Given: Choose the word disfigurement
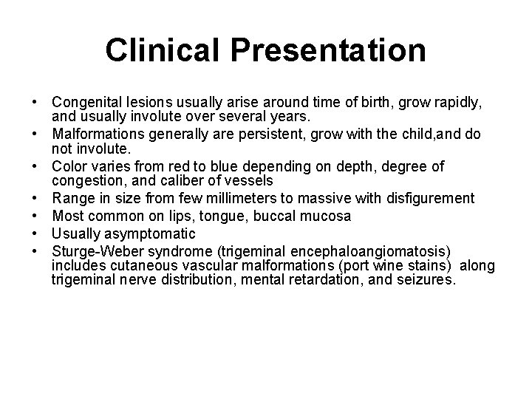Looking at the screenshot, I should (x=420, y=199).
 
